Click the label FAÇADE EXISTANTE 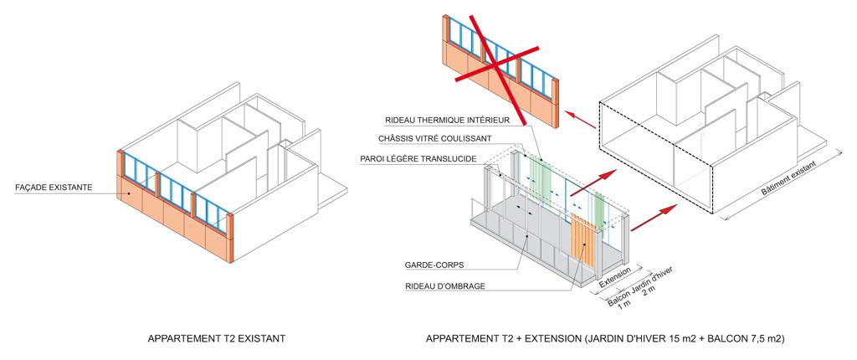click(54, 188)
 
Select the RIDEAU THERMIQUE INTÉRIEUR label click(447, 120)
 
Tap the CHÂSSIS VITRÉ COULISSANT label click(434, 139)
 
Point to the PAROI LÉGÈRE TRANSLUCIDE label click(418, 159)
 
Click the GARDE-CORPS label click(434, 265)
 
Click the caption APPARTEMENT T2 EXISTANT click(217, 339)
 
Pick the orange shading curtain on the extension click(582, 242)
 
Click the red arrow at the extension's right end click(654, 218)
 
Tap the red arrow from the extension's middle click(593, 183)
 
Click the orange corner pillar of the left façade click(230, 238)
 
